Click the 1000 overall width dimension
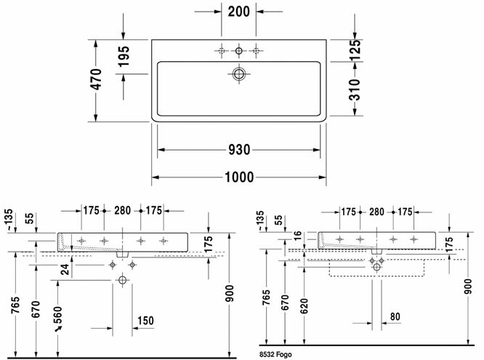coord(239,177)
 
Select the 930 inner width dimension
coord(239,150)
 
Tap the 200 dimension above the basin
coord(238,12)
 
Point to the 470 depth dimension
coord(96,79)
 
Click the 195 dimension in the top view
coord(124,56)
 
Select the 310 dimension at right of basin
coord(355,89)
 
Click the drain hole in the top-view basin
coord(239,74)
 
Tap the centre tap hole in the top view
coord(239,51)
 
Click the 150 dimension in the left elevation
coord(145,321)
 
